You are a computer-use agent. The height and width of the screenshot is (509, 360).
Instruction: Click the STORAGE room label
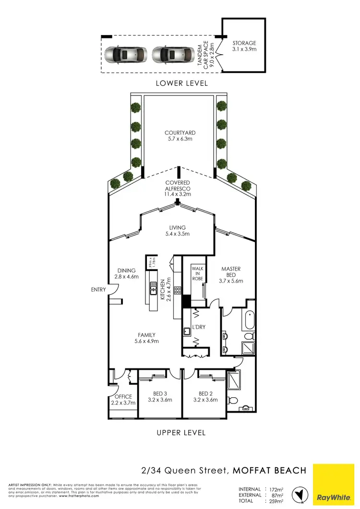click(x=244, y=43)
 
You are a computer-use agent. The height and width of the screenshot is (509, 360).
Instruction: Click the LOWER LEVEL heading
click(x=182, y=83)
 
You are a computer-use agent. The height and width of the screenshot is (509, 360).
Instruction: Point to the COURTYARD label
click(x=180, y=133)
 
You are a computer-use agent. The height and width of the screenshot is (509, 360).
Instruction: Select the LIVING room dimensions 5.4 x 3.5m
click(x=177, y=234)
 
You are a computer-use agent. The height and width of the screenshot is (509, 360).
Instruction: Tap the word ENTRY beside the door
click(x=98, y=290)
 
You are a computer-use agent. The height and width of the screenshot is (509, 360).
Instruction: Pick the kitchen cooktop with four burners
click(x=177, y=290)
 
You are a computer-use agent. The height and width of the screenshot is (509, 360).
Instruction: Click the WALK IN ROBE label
click(x=198, y=273)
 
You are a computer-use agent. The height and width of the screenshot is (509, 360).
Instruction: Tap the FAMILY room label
click(x=146, y=335)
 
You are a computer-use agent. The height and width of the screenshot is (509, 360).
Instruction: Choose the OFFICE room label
click(x=123, y=397)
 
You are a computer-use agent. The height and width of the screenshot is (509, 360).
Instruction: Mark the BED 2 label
click(x=205, y=393)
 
